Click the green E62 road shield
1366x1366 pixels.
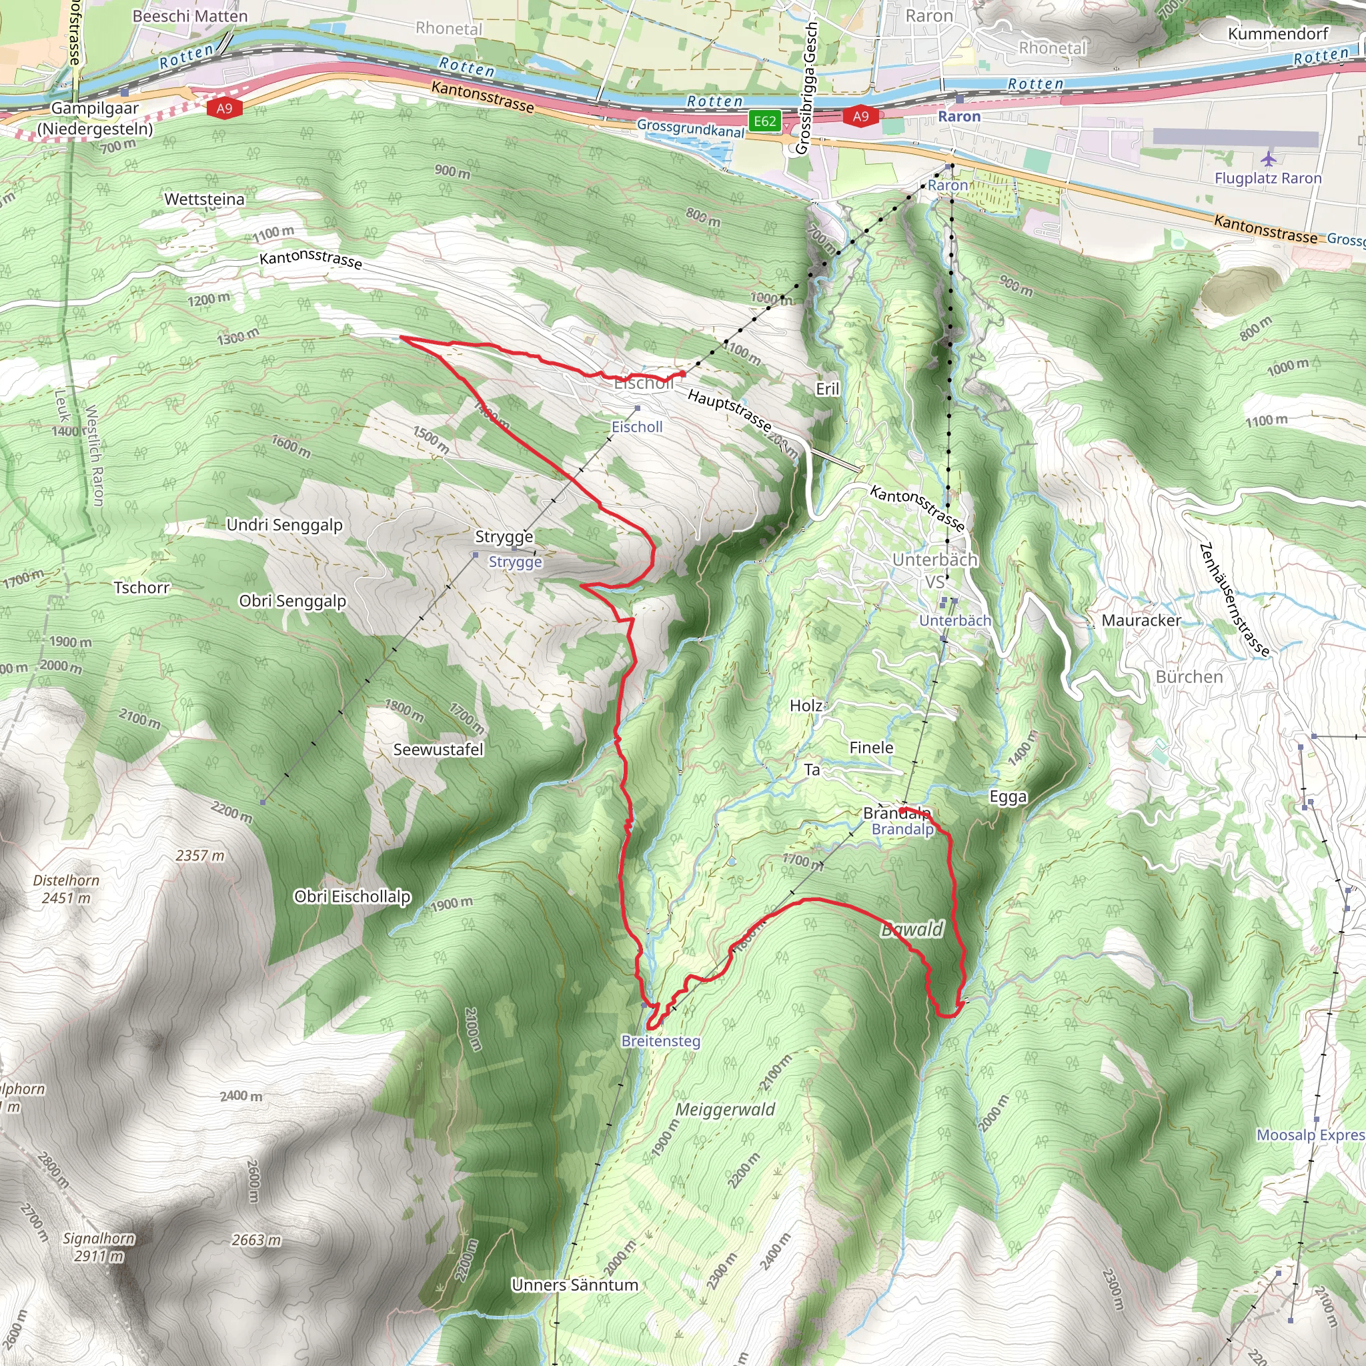pyautogui.click(x=765, y=121)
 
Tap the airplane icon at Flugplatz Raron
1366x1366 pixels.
pyautogui.click(x=1269, y=158)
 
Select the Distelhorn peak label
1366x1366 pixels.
pyautogui.click(x=67, y=888)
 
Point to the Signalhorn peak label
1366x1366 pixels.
pyautogui.click(x=98, y=1247)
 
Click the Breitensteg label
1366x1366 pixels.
pyautogui.click(x=660, y=1041)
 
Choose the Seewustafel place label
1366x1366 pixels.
pyautogui.click(x=438, y=750)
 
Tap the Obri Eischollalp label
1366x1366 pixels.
pyautogui.click(x=352, y=896)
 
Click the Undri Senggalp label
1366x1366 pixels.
pyautogui.click(x=284, y=525)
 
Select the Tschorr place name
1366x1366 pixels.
pyautogui.click(x=141, y=588)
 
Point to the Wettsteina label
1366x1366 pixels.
pyautogui.click(x=204, y=199)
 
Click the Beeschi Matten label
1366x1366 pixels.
pyautogui.click(x=190, y=16)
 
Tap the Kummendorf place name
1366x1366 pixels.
pyautogui.click(x=1277, y=34)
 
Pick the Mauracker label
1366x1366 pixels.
pyautogui.click(x=1141, y=620)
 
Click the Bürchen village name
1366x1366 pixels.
pyautogui.click(x=1189, y=676)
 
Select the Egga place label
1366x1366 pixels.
pyautogui.click(x=1008, y=797)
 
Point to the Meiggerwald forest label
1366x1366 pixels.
pyautogui.click(x=725, y=1109)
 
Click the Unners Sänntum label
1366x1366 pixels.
pyautogui.click(x=575, y=1285)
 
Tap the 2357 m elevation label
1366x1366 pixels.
pyautogui.click(x=200, y=856)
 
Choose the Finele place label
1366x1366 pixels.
pyautogui.click(x=871, y=747)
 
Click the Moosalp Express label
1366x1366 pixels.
pyautogui.click(x=1310, y=1135)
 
